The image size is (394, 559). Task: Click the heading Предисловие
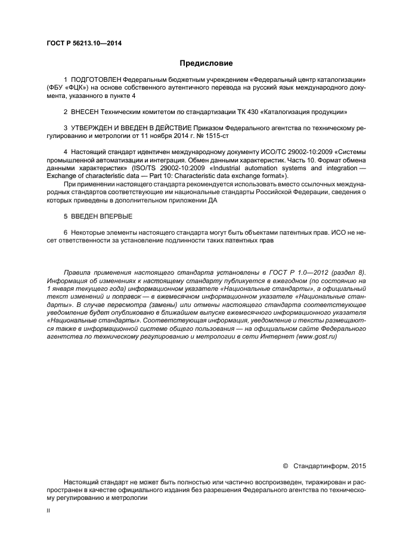[x=206, y=63]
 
